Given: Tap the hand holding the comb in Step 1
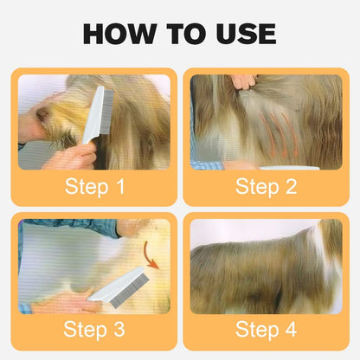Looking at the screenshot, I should pyautogui.click(x=74, y=157).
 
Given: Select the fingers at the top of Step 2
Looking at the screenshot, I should pyautogui.click(x=243, y=81).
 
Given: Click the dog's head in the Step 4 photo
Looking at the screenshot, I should pyautogui.click(x=329, y=238).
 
